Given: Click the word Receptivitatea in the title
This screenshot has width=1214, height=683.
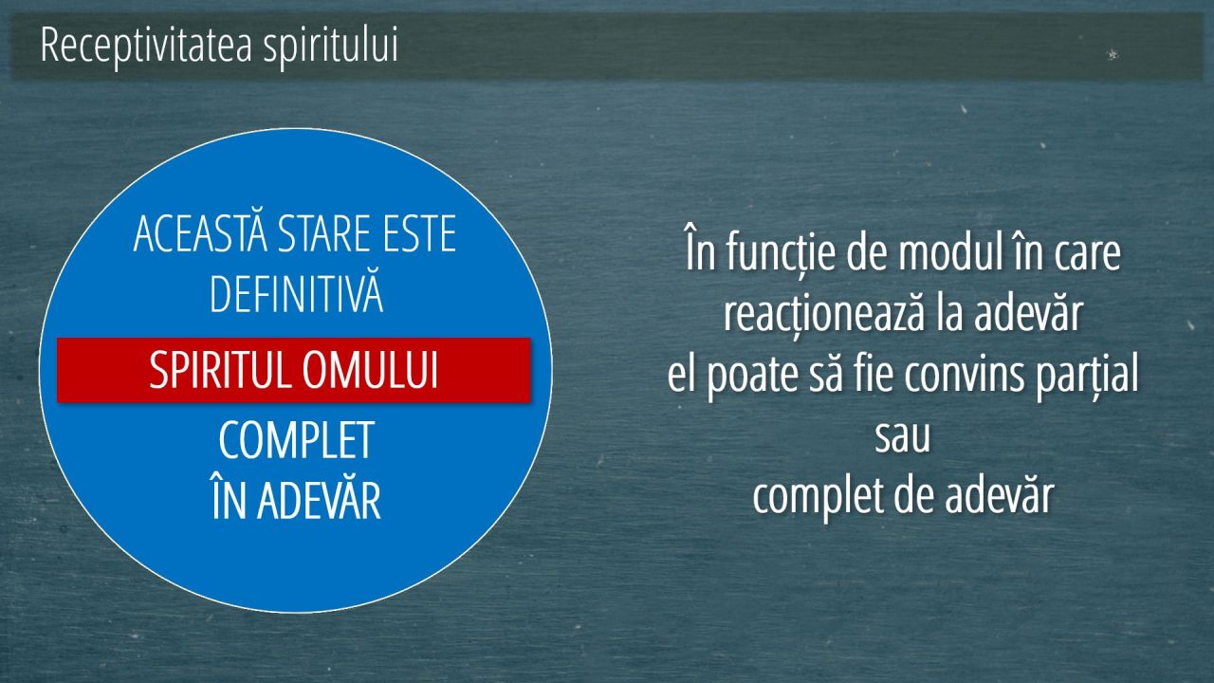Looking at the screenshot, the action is coord(146,46).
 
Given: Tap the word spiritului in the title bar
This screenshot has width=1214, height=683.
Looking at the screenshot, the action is coord(331,46).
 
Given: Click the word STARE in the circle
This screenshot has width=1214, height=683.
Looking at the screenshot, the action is coord(324,233).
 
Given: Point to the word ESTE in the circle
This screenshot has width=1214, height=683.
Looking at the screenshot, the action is coord(419,233).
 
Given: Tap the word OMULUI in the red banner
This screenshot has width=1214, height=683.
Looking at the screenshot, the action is coord(370,370).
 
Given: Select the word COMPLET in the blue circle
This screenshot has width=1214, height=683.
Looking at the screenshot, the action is coord(297,440).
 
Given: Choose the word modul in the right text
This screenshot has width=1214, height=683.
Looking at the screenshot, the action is coord(951,252).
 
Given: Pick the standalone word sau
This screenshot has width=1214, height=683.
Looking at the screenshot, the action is coord(902,437).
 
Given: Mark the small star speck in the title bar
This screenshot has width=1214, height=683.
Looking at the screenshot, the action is coord(1113,54).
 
